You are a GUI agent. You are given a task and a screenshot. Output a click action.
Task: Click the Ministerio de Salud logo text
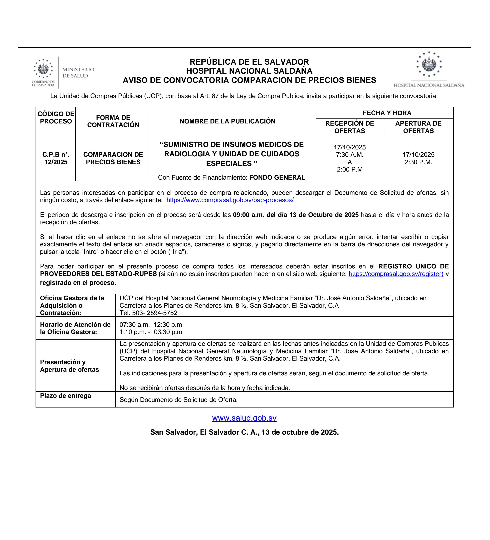point(78,72)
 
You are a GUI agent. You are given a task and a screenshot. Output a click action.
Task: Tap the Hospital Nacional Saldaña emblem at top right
point(429,64)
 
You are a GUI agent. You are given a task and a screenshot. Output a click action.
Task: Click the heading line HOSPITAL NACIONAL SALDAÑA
point(249,71)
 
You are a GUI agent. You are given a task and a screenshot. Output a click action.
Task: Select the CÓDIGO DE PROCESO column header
point(56,117)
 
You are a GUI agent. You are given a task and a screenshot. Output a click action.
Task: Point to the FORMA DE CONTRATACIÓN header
point(113,121)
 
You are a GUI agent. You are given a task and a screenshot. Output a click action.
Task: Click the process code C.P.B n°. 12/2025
point(56,158)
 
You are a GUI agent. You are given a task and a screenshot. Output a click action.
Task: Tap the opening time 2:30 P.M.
point(418,162)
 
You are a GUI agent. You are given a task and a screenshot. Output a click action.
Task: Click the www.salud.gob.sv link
point(244,418)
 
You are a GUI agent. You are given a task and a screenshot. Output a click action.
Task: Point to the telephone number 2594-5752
point(162,313)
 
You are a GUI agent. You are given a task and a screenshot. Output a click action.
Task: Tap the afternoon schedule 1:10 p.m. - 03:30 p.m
point(151,332)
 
